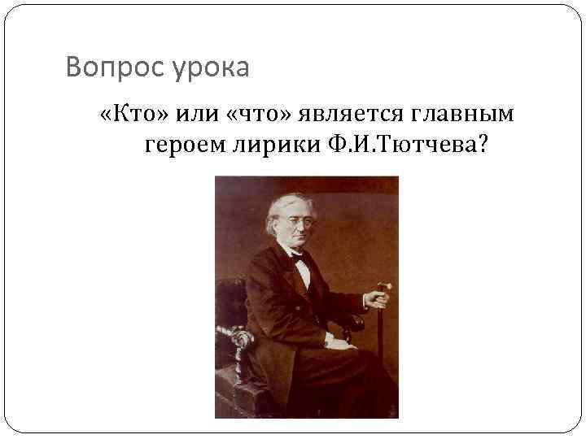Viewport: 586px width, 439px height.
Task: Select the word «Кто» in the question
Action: coord(133,114)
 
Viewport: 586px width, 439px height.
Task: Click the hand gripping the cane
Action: coord(376,299)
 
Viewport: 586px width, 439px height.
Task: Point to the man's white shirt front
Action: coord(304,272)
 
